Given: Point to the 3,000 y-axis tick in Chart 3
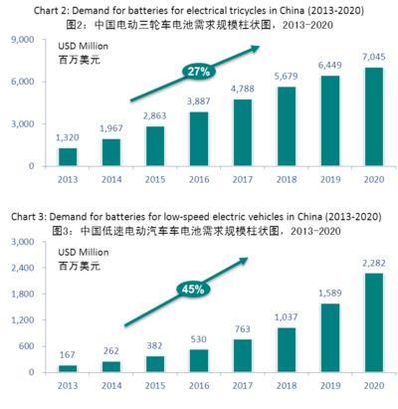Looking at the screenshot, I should (23, 239).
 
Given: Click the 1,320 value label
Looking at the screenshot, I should (67, 138).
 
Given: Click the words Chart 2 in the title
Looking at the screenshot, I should (27, 9).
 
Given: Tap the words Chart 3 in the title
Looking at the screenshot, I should (27, 217).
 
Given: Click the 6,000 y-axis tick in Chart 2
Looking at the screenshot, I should (23, 82).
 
